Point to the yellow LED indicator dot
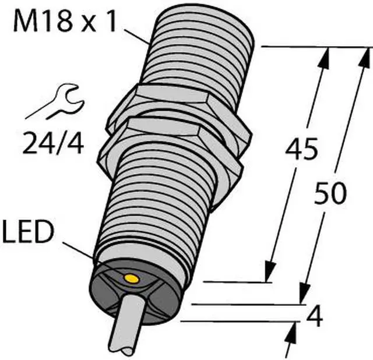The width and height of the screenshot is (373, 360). tap(131, 278)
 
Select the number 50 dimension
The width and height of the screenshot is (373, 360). tap(329, 193)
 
